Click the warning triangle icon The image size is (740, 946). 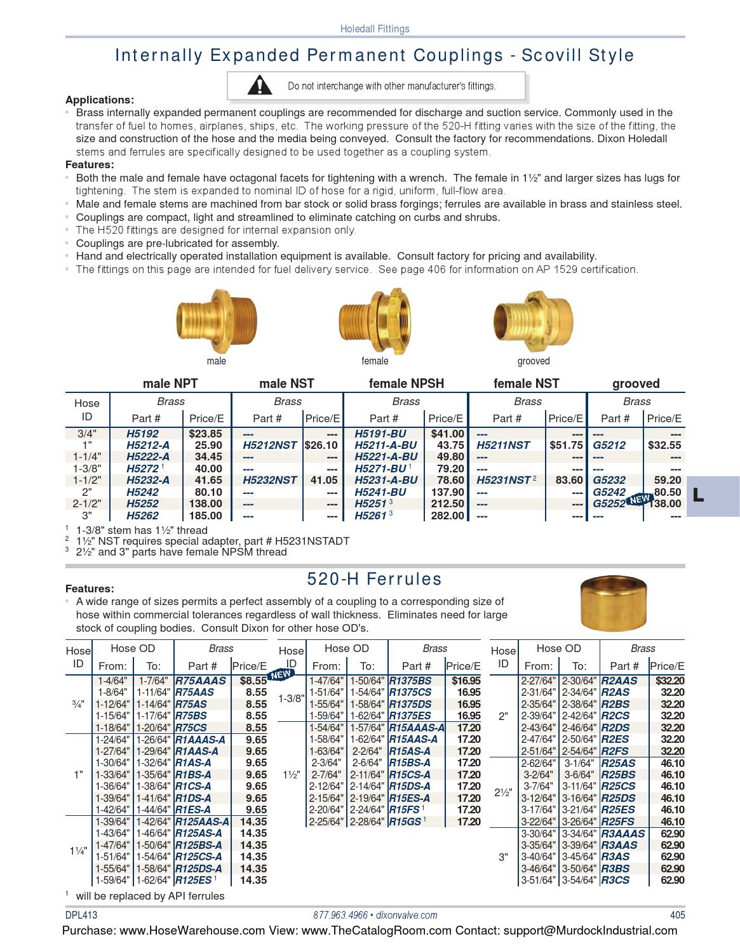pyautogui.click(x=259, y=85)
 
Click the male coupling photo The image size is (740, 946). pyautogui.click(x=215, y=320)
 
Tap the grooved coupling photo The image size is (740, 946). pyautogui.click(x=533, y=320)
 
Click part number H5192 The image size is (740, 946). pyautogui.click(x=142, y=434)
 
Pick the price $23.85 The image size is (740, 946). pyautogui.click(x=205, y=434)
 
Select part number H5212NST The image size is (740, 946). pyautogui.click(x=270, y=446)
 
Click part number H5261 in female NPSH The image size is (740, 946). pyautogui.click(x=370, y=516)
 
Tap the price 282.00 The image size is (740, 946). pyautogui.click(x=447, y=516)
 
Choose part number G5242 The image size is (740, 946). pyautogui.click(x=609, y=492)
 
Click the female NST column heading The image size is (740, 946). pyautogui.click(x=526, y=383)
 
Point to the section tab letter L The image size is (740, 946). pyautogui.click(x=698, y=495)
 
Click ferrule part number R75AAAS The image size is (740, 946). pyautogui.click(x=200, y=681)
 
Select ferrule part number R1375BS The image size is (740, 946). pyautogui.click(x=410, y=681)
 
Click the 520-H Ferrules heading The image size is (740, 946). pyautogui.click(x=374, y=579)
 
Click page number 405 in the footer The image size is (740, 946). pyautogui.click(x=677, y=915)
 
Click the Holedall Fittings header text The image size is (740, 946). pyautogui.click(x=375, y=29)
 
